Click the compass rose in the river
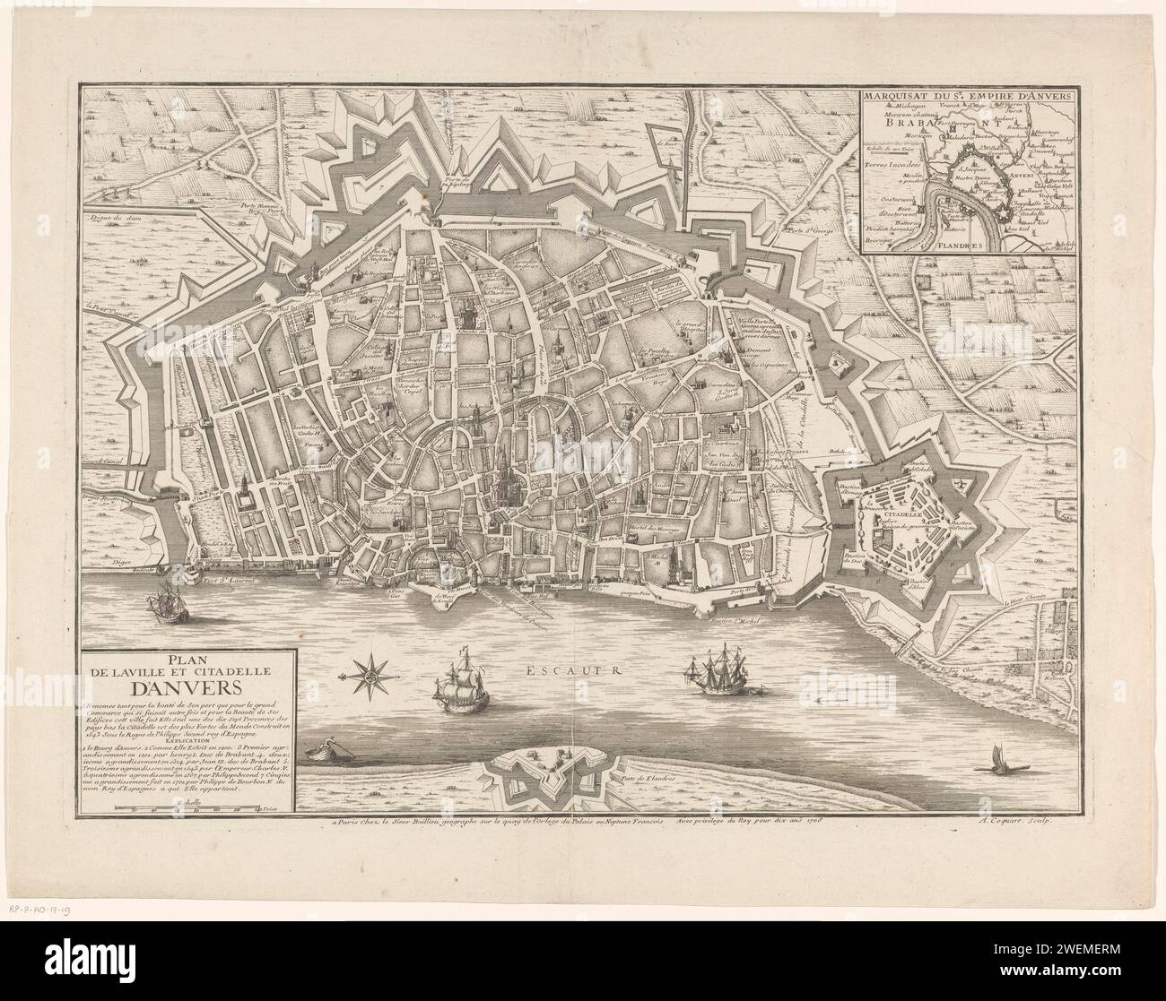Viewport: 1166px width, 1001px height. coord(366,673)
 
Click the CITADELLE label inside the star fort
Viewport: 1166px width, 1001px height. coord(898,515)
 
